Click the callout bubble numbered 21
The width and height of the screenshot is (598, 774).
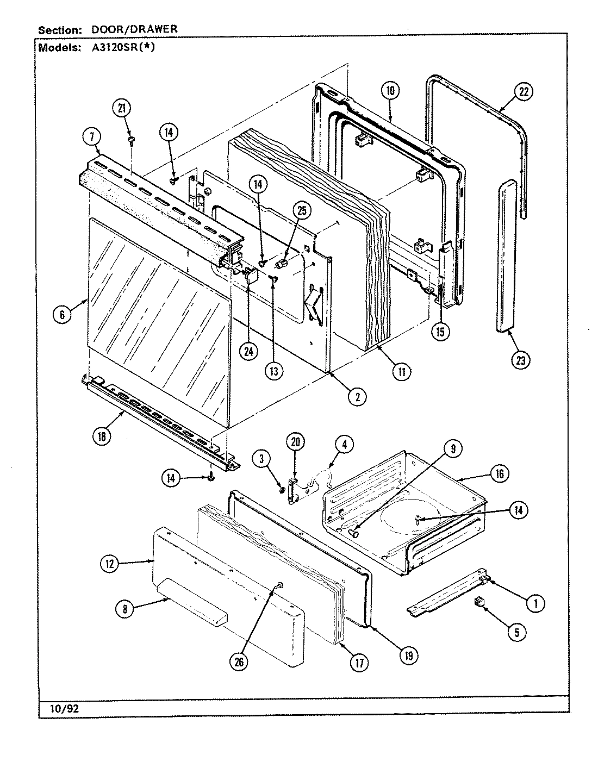tap(122, 108)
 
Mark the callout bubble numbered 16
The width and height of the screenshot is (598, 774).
tap(499, 473)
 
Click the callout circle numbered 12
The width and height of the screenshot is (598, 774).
tap(109, 564)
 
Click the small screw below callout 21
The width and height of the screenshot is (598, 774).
tap(131, 141)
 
